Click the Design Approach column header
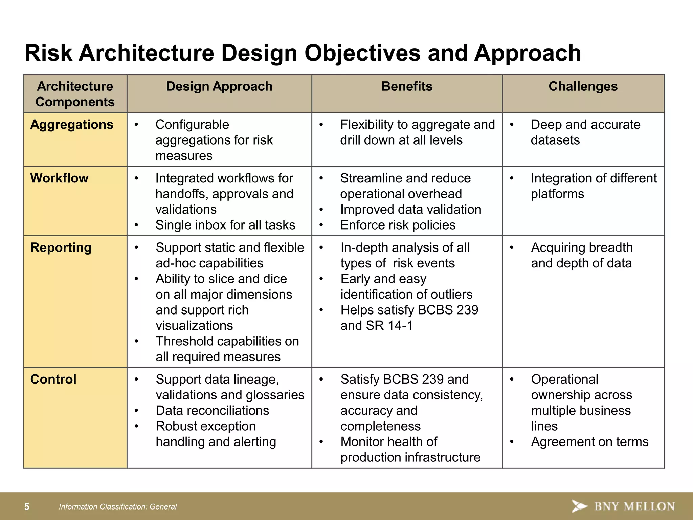tap(219, 87)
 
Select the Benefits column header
tap(407, 87)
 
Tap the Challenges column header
tap(583, 87)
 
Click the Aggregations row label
tap(72, 125)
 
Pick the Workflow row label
tap(59, 178)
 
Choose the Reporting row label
tap(61, 248)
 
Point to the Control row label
tap(53, 380)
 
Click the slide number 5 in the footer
tap(27, 507)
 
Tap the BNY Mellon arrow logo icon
tap(579, 506)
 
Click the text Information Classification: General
tap(118, 507)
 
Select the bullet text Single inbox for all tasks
tap(225, 225)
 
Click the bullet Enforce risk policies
tap(398, 225)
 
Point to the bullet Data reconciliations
tap(212, 411)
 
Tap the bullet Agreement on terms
tap(589, 442)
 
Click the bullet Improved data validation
tap(410, 210)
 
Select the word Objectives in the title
tap(362, 53)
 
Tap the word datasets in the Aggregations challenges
tap(555, 140)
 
